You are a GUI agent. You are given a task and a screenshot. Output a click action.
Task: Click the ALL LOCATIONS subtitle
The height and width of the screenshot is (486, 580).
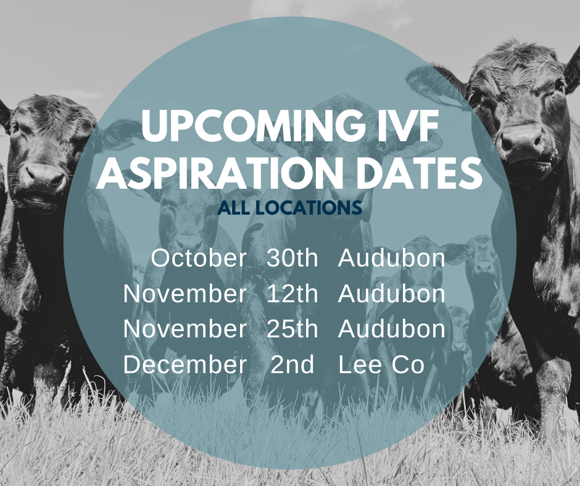tap(289, 208)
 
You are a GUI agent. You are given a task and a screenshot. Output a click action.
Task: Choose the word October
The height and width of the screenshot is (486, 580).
tap(199, 258)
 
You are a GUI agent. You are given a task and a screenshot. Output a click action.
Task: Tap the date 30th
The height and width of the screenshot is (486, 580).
tap(292, 258)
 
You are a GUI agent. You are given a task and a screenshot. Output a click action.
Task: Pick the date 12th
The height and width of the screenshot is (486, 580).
tap(292, 294)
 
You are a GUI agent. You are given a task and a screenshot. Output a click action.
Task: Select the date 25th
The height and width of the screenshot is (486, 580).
tap(292, 329)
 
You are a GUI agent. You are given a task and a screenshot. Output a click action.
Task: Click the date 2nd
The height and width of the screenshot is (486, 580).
tap(292, 364)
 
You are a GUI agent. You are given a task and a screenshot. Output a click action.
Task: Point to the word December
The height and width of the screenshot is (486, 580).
tap(184, 364)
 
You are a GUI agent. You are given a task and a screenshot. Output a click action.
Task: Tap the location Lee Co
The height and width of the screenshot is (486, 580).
tap(381, 364)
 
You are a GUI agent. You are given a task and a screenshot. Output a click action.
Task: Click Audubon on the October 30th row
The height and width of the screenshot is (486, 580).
tap(391, 258)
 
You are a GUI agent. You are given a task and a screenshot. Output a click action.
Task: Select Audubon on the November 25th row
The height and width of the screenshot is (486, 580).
tap(391, 329)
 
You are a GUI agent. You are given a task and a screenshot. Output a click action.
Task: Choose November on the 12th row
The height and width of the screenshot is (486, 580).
tap(184, 294)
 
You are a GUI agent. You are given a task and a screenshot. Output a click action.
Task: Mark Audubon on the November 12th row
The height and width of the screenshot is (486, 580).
tap(391, 294)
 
